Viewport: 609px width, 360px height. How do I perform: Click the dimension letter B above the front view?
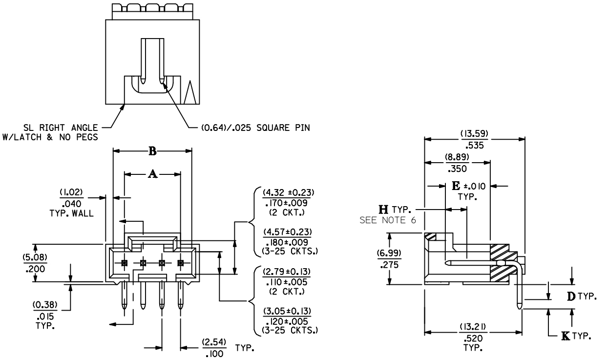tap(152, 151)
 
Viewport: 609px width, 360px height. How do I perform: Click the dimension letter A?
tap(152, 174)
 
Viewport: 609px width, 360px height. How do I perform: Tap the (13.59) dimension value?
tap(474, 134)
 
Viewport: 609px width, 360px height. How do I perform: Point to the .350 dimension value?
tap(457, 169)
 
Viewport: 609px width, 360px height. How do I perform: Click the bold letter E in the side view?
tap(456, 186)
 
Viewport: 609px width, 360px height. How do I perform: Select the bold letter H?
tap(383, 210)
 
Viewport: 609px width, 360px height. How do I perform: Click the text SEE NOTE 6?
tap(388, 220)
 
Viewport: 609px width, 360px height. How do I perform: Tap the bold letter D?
tap(571, 296)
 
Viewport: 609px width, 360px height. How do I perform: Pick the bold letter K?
tap(566, 337)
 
